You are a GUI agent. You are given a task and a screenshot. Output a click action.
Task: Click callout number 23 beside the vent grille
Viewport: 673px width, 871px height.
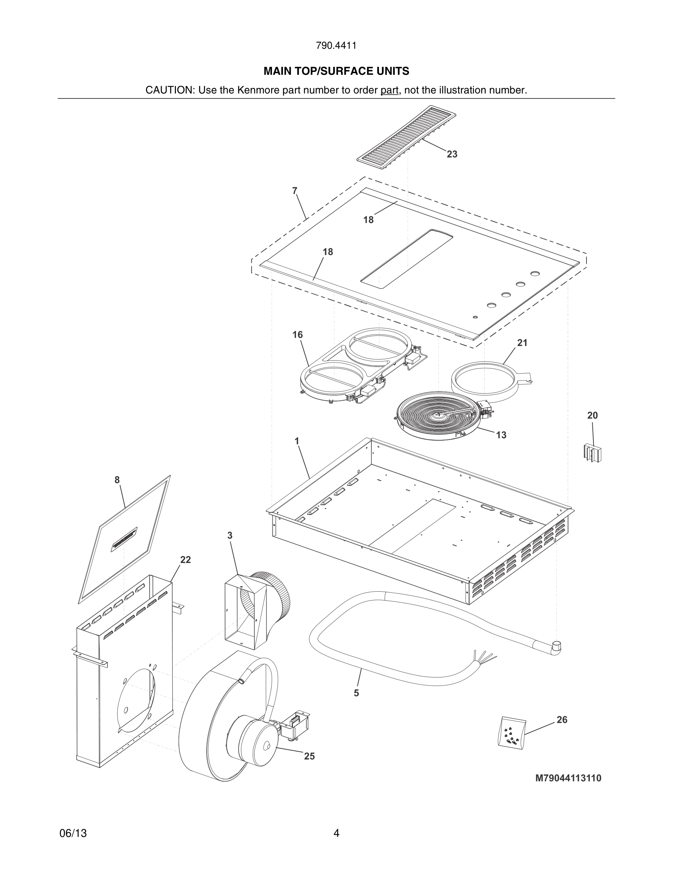point(452,154)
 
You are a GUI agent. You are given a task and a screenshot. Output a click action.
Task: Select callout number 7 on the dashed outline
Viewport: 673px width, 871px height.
point(295,191)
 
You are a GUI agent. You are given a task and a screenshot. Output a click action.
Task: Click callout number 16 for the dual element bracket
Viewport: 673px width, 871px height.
point(297,335)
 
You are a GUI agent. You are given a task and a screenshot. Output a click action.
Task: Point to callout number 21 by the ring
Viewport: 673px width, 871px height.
point(522,343)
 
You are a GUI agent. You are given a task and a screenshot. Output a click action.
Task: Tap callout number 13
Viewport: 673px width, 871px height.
point(501,435)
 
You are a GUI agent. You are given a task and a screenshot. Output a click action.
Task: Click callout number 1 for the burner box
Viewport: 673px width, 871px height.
point(297,441)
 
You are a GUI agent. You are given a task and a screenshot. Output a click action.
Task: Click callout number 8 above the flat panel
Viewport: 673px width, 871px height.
point(117,480)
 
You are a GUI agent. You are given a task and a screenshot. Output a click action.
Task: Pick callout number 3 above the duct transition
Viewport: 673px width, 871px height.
point(230,536)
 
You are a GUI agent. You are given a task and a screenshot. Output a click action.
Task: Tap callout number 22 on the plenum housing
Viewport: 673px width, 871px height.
point(185,560)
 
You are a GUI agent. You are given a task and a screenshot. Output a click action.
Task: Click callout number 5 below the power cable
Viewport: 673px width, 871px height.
point(356,693)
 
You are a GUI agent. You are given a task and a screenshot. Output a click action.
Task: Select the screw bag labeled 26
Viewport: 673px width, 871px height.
point(511,732)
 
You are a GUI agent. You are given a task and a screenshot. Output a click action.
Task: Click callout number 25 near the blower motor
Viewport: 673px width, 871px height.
point(309,756)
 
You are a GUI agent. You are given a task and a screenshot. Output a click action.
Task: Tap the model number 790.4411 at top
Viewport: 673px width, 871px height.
point(336,46)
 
